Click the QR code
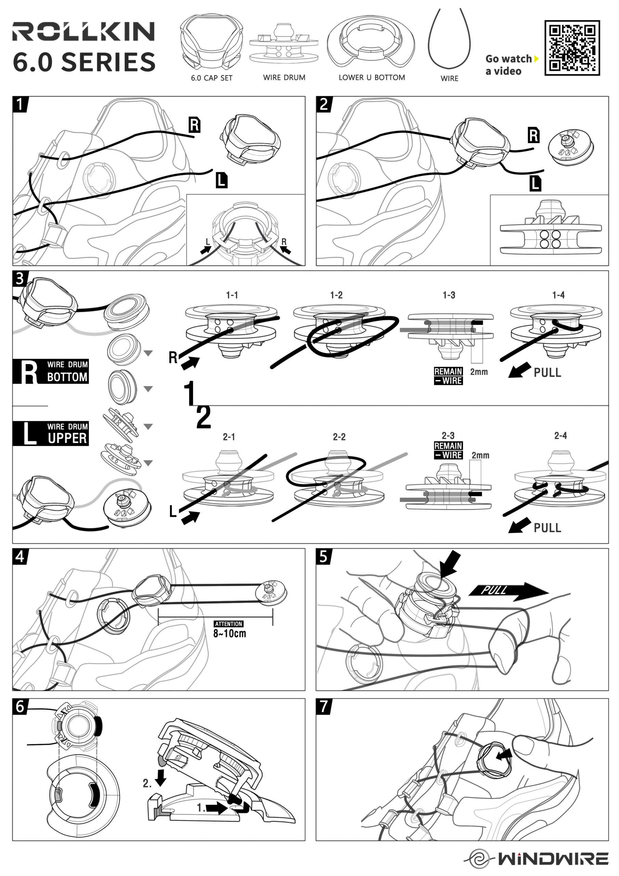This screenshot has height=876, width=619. click(x=572, y=48)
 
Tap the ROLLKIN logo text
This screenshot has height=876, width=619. click(x=83, y=31)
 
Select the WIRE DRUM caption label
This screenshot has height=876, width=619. click(x=284, y=77)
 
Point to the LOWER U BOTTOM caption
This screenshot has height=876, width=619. click(x=371, y=77)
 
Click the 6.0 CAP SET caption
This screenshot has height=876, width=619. click(x=212, y=78)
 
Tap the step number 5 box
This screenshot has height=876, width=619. click(x=324, y=557)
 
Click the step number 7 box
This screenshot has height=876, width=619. click(x=324, y=707)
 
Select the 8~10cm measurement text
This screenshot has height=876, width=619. click(x=229, y=634)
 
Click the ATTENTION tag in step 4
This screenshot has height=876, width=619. click(x=228, y=624)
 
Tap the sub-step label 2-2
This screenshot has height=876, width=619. click(x=339, y=437)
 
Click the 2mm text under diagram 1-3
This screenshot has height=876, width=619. click(x=479, y=372)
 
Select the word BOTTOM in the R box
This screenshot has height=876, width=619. click(x=67, y=377)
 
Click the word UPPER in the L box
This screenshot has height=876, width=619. click(x=67, y=438)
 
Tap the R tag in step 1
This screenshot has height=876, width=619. click(x=195, y=125)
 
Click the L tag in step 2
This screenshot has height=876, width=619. click(x=535, y=184)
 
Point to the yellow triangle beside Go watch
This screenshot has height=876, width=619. click(x=536, y=59)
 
